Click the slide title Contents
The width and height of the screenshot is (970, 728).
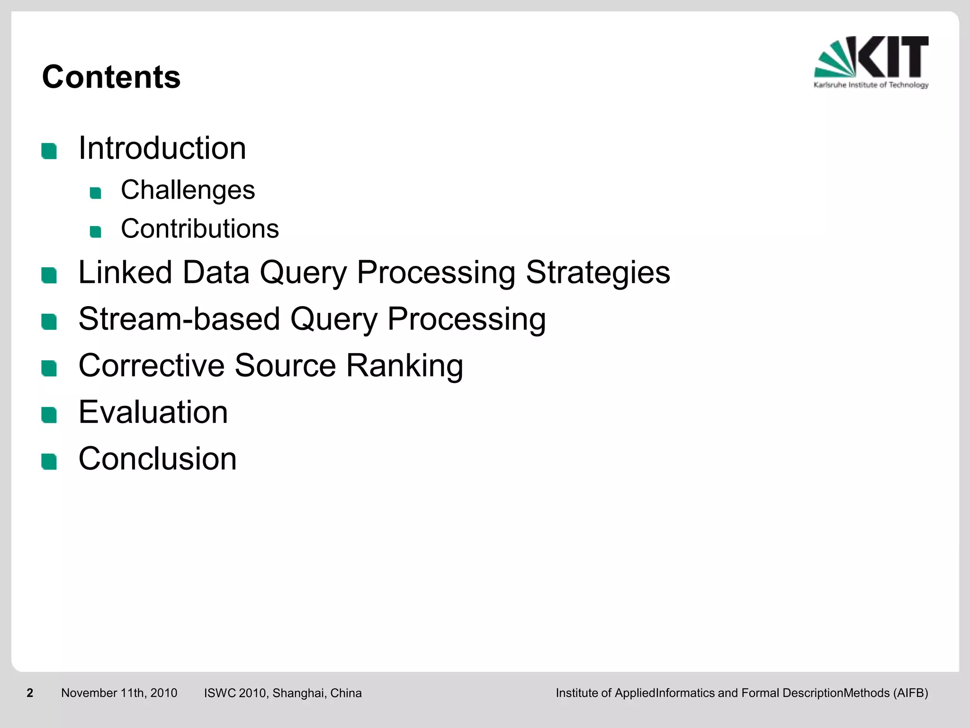111,77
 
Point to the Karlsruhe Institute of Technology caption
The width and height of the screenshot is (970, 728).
871,85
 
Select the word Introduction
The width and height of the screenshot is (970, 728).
162,148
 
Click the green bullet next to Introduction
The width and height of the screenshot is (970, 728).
49,151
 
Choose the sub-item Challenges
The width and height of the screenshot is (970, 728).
188,190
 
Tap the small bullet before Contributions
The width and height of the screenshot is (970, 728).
96,232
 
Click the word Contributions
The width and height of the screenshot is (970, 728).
199,229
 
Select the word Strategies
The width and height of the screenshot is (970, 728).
598,273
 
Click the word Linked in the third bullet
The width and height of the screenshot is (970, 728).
125,273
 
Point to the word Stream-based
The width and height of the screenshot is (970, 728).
179,319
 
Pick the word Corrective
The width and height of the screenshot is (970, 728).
151,365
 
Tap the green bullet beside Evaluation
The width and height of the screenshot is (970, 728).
49,415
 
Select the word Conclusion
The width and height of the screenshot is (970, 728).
157,459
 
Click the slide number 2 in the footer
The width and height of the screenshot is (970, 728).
30,693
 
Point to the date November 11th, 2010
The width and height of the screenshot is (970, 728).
119,693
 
